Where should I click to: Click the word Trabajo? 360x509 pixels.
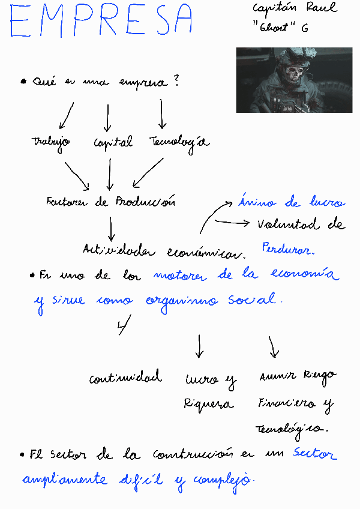click(51, 143)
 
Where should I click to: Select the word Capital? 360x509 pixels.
click(113, 143)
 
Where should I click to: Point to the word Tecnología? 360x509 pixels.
click(179, 142)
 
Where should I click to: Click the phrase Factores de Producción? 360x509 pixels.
click(110, 202)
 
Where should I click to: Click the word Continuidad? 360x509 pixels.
click(125, 378)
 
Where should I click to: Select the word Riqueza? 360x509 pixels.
click(208, 404)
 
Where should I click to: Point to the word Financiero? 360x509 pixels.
click(294, 404)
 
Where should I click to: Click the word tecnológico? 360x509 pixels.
click(292, 429)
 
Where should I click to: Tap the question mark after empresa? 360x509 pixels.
click(176, 82)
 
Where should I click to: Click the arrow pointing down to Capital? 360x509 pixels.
click(107, 118)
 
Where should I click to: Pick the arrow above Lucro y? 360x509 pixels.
click(199, 346)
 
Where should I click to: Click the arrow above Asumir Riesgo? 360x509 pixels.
click(274, 346)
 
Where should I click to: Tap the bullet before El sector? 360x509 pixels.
click(22, 455)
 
